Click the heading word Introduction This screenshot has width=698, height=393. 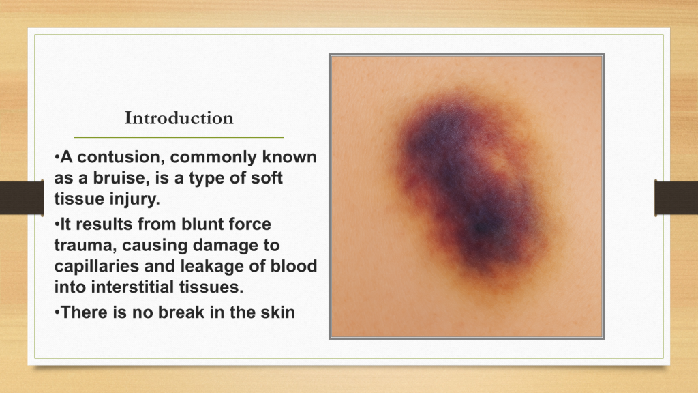click(x=179, y=118)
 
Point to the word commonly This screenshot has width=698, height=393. click(x=213, y=158)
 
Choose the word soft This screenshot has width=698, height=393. click(x=267, y=178)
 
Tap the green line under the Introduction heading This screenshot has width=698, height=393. click(x=179, y=138)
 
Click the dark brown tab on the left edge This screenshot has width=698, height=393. click(x=22, y=198)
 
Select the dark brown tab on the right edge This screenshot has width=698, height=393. click(x=676, y=198)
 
